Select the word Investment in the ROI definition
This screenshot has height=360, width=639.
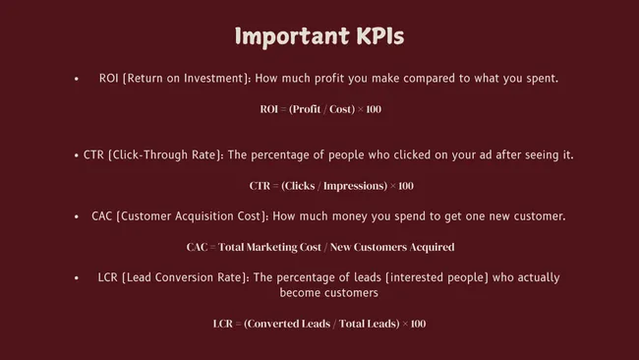(209, 78)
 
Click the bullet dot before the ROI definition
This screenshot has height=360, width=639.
(76, 78)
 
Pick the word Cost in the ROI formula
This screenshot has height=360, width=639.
(337, 109)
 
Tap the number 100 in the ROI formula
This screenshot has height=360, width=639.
(373, 109)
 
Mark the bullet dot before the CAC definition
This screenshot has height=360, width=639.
(76, 216)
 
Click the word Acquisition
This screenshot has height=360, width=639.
(217, 216)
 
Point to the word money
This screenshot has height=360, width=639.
(357, 216)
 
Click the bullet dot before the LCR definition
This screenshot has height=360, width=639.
(76, 277)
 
